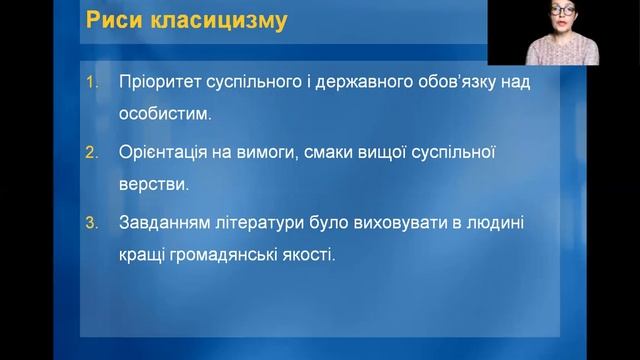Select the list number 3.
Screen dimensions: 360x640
(x=90, y=224)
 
